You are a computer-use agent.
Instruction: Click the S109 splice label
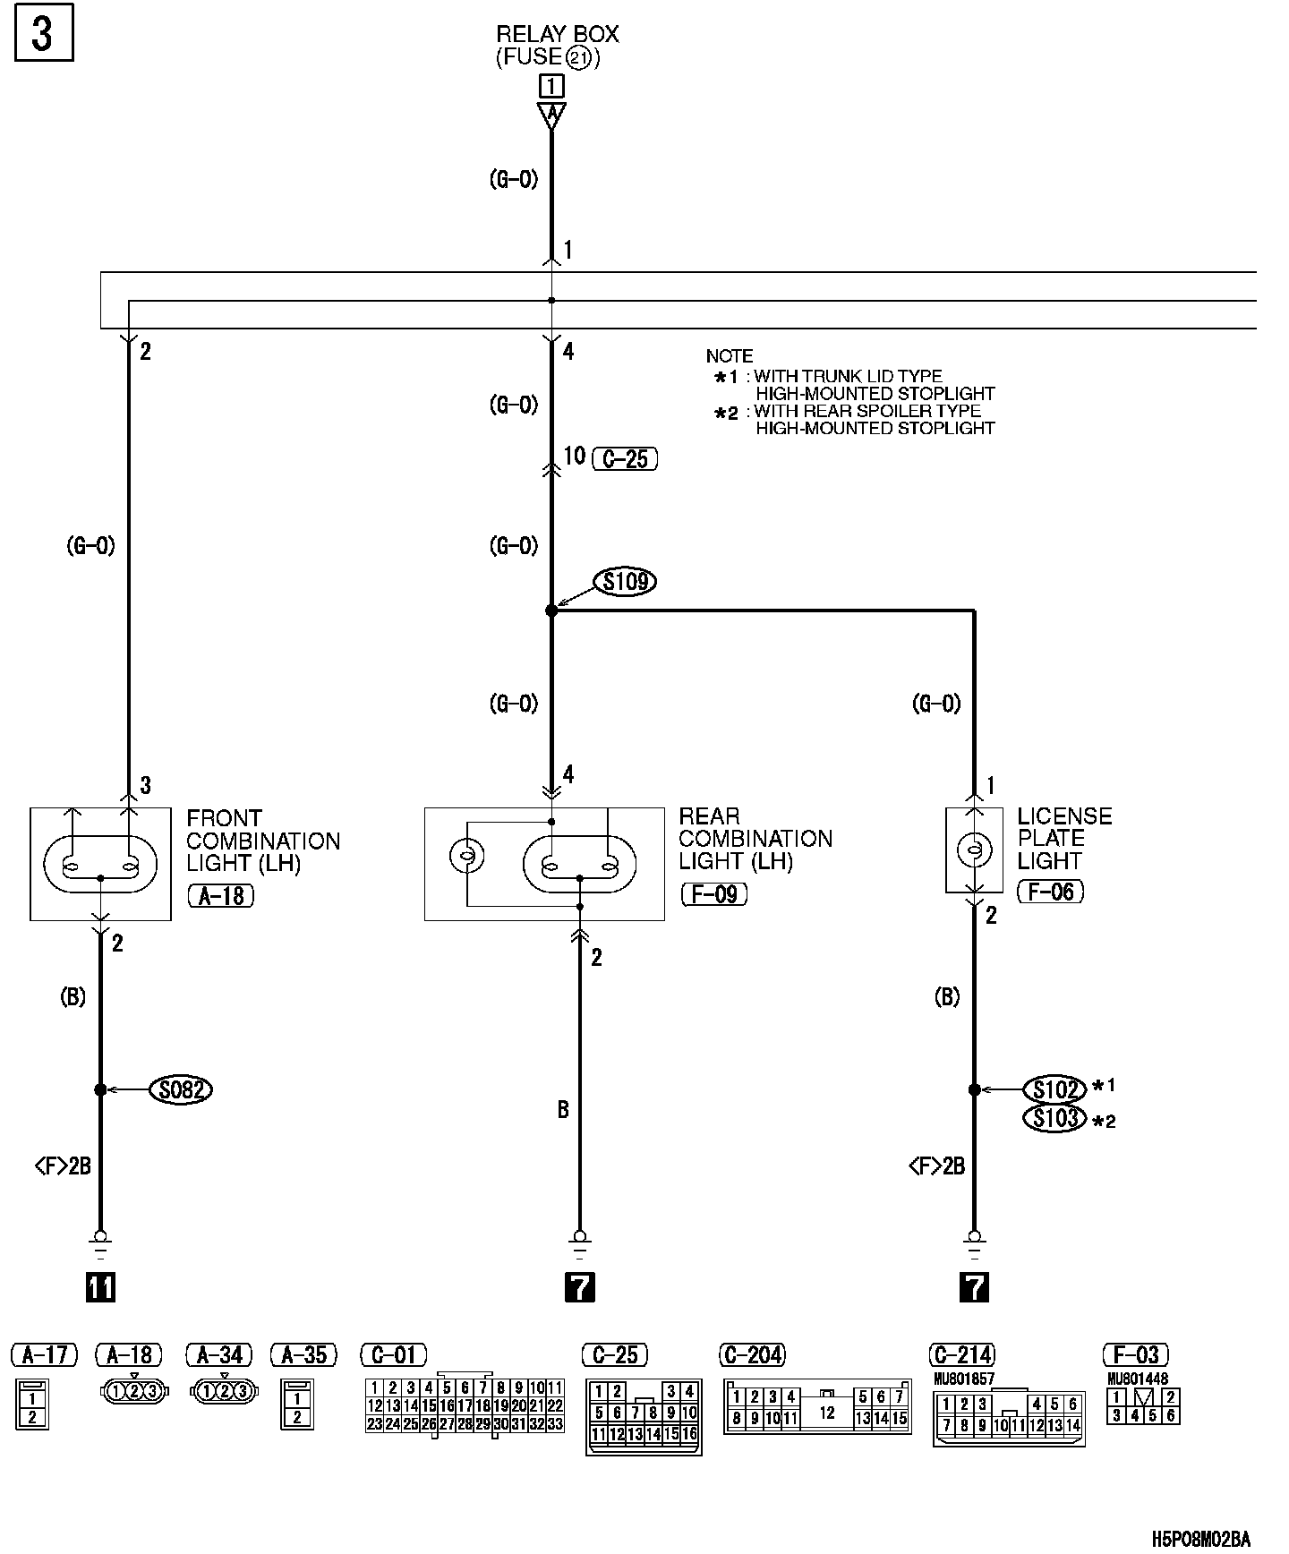tap(626, 582)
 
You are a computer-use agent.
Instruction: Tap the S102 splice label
tap(1054, 1089)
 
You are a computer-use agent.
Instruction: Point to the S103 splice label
tap(1054, 1118)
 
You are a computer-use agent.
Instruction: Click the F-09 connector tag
tap(714, 893)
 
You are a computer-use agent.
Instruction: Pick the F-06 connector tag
tap(1051, 891)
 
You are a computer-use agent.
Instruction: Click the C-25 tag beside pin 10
tap(625, 459)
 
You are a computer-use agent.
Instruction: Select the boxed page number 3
tap(43, 35)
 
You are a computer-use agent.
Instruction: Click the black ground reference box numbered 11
tap(100, 1287)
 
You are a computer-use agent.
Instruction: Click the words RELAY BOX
tap(557, 35)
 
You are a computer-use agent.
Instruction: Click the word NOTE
tap(729, 356)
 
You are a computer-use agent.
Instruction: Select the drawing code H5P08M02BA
tap(1199, 1539)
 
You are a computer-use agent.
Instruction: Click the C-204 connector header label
tap(753, 1354)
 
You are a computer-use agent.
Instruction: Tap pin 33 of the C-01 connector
tap(555, 1424)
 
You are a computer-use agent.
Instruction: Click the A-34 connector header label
tap(219, 1354)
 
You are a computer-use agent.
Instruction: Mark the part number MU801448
tap(1137, 1379)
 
